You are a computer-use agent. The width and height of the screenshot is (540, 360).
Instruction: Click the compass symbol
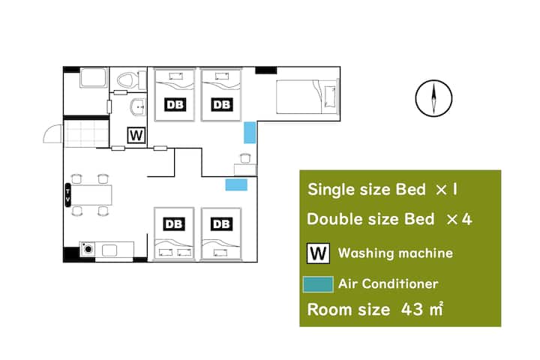pyautogui.click(x=433, y=98)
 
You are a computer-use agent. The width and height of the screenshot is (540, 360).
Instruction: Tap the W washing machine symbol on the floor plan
pyautogui.click(x=136, y=135)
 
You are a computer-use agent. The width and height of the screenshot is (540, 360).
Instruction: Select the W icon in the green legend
pyautogui.click(x=318, y=253)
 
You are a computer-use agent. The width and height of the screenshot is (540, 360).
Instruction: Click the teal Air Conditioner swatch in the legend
pyautogui.click(x=318, y=284)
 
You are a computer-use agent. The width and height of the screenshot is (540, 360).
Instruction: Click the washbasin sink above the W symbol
pyautogui.click(x=139, y=107)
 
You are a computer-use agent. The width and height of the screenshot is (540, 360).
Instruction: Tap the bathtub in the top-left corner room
pyautogui.click(x=93, y=78)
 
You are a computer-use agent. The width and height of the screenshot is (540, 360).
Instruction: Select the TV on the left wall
pyautogui.click(x=67, y=195)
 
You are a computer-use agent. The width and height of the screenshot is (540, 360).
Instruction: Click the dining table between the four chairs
pyautogui.click(x=91, y=195)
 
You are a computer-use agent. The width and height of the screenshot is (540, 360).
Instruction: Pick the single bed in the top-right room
pyautogui.click(x=307, y=97)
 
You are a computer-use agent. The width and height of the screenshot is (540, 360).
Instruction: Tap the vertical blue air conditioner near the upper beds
pyautogui.click(x=250, y=133)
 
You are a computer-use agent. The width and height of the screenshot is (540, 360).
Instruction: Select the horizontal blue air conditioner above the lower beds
pyautogui.click(x=236, y=184)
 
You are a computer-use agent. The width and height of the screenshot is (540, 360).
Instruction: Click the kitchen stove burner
pyautogui.click(x=88, y=249)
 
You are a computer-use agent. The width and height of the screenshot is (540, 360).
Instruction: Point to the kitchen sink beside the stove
pyautogui.click(x=109, y=250)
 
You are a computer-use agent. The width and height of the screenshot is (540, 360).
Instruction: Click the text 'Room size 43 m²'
pyautogui.click(x=375, y=309)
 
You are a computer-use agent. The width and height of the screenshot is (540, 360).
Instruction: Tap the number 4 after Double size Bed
pyautogui.click(x=466, y=219)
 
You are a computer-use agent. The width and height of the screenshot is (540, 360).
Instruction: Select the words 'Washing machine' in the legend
pyautogui.click(x=395, y=253)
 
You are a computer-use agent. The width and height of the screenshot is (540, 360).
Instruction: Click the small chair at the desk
pyautogui.click(x=244, y=158)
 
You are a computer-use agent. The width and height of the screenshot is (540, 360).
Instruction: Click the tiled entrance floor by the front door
pyautogui.click(x=86, y=133)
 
